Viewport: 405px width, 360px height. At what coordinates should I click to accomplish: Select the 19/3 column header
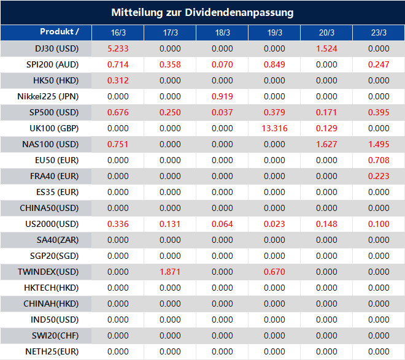(275, 33)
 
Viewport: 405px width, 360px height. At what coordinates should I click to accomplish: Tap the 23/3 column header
(379, 33)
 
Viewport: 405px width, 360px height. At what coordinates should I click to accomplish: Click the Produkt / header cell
(60, 32)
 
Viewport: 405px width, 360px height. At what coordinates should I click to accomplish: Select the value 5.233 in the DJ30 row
(118, 48)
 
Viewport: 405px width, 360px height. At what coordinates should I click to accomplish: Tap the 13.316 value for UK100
(274, 128)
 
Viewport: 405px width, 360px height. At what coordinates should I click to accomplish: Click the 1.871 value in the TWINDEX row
(170, 272)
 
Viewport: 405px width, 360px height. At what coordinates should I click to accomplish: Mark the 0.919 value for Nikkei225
(222, 96)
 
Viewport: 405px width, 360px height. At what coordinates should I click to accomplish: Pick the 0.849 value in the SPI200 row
(274, 64)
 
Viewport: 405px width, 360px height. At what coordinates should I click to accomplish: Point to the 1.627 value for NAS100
(326, 144)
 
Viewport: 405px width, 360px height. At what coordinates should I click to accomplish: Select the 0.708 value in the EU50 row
(379, 160)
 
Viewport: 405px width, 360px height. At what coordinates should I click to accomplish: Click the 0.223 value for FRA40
(379, 176)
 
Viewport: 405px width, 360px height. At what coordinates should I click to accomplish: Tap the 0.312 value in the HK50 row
(118, 80)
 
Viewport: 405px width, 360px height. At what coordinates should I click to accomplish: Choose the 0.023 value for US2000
(274, 224)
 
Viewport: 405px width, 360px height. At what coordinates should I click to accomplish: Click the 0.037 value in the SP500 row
(222, 112)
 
